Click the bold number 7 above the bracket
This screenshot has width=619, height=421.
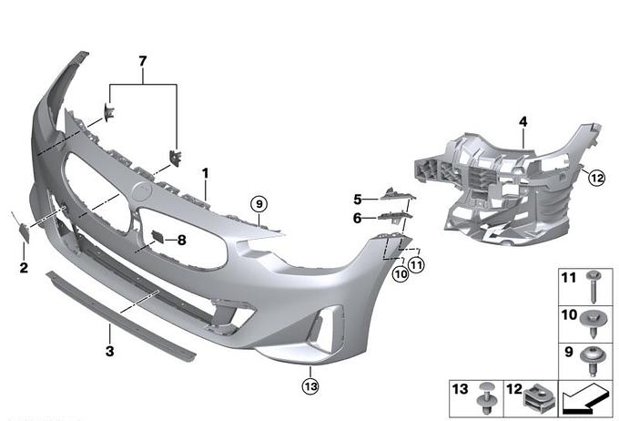(x=143, y=61)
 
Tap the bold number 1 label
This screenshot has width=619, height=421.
(x=206, y=173)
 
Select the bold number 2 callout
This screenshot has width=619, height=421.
(x=24, y=268)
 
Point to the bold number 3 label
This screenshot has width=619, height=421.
(x=110, y=351)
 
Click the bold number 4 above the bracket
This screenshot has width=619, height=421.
(x=523, y=122)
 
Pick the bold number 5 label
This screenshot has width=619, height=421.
(x=357, y=200)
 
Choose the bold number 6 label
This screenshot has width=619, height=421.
(x=357, y=218)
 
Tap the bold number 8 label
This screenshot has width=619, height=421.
(x=181, y=240)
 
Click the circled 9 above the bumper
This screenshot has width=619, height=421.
(x=259, y=204)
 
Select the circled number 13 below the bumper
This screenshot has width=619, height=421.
(x=310, y=385)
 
